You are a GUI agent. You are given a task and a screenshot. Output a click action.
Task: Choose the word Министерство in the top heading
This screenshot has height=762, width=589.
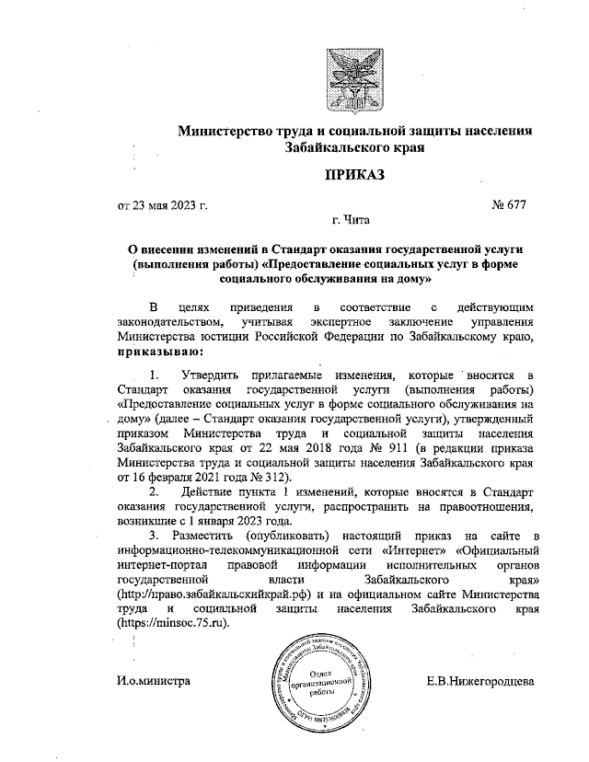[x=231, y=130]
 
